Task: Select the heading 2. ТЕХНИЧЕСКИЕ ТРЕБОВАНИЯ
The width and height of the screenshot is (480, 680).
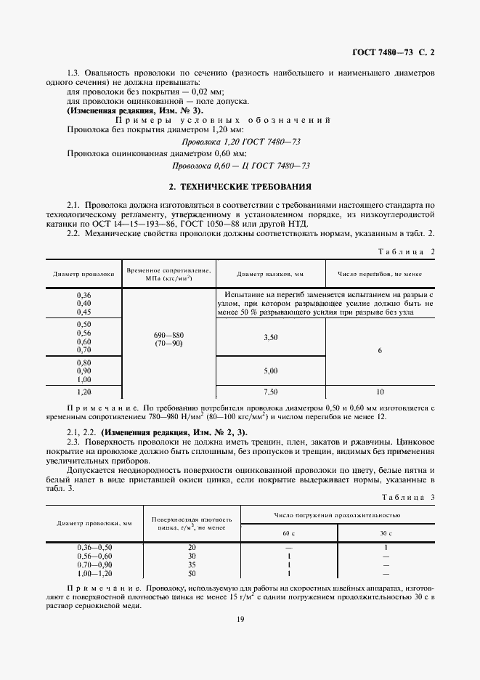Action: pos(240,186)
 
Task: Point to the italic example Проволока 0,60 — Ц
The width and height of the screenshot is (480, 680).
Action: pos(251,166)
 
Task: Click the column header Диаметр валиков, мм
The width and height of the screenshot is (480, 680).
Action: pos(269,274)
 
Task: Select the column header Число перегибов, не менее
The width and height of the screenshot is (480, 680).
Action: pos(379,274)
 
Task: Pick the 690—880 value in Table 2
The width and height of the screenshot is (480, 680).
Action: pos(168,334)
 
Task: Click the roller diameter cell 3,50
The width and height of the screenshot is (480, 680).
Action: pos(270,337)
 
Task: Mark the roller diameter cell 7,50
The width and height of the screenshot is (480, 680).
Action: pos(270,391)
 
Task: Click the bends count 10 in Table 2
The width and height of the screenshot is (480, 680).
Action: pos(379,391)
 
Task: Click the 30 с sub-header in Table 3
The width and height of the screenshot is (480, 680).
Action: pos(385,533)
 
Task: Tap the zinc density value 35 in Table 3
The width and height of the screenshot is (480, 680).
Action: pos(192,564)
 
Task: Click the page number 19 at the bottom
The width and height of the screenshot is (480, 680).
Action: pos(240,619)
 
